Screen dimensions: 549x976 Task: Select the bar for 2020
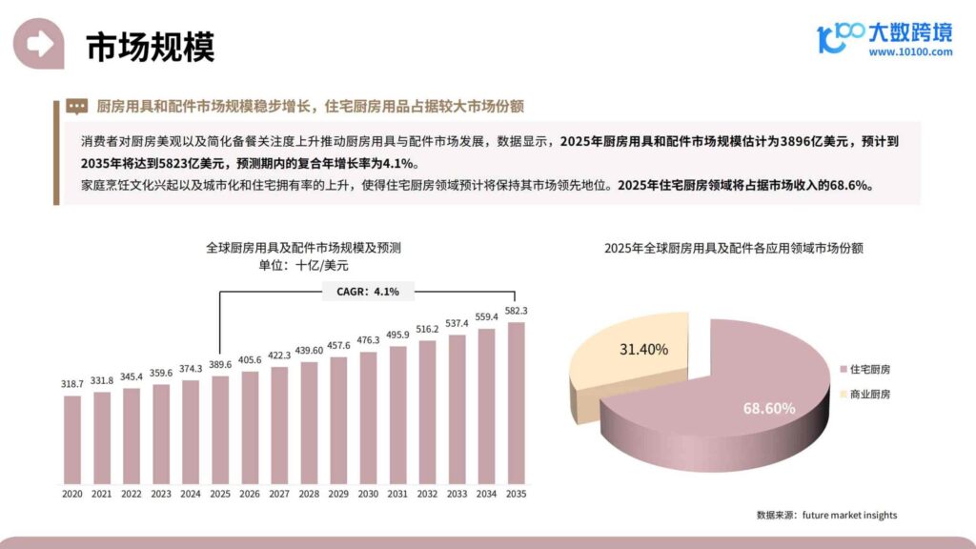72,437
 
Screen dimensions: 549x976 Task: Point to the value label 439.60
309,350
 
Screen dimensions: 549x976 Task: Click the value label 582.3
516,311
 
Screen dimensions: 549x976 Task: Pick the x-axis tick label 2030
368,494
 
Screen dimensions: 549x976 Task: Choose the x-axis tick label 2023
161,494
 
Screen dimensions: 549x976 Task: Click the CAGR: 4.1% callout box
368,291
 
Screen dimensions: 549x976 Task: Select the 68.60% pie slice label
769,408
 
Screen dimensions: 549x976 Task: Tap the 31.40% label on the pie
643,349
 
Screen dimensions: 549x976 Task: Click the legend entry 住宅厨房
870,369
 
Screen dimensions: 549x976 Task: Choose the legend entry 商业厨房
870,394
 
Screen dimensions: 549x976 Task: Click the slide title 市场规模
150,46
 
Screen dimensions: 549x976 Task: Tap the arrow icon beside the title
39,44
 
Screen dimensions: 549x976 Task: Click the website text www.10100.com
910,52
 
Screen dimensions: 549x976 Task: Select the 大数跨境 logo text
909,31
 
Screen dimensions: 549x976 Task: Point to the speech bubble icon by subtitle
77,106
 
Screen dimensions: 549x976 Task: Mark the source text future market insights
849,516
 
